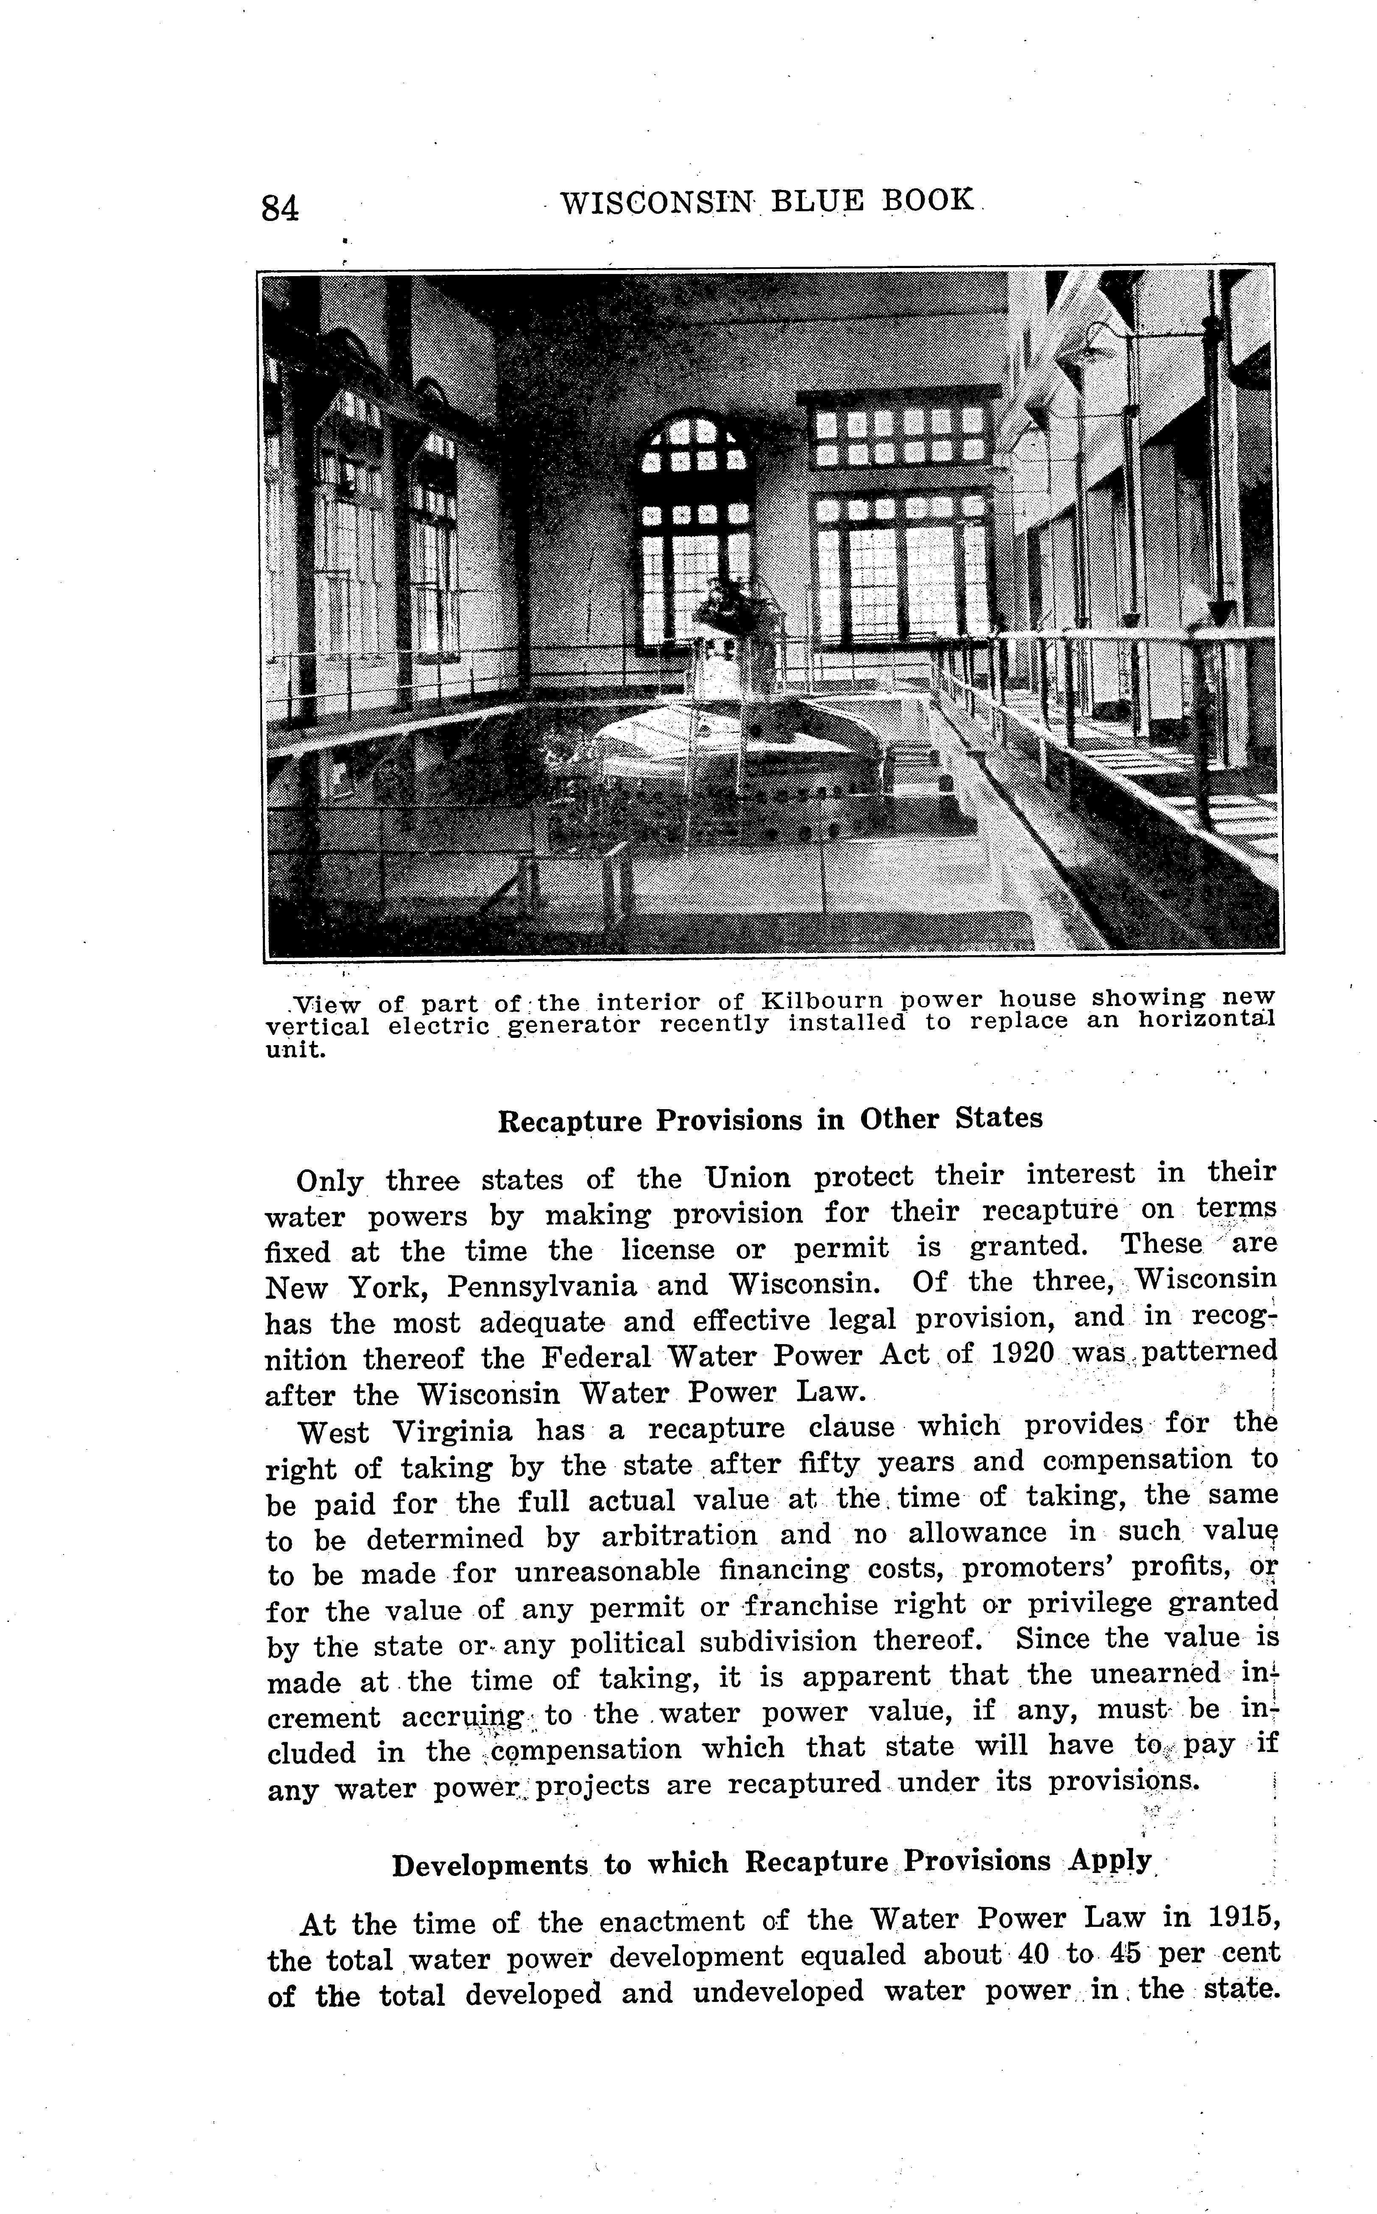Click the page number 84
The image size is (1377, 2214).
tap(279, 209)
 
